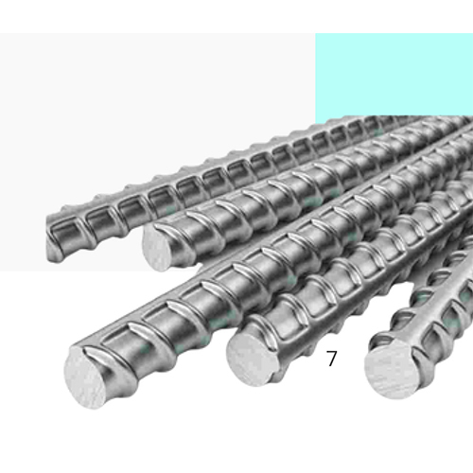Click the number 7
point(331,359)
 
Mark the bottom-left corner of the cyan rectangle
point(316,123)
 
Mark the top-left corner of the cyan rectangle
point(316,35)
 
